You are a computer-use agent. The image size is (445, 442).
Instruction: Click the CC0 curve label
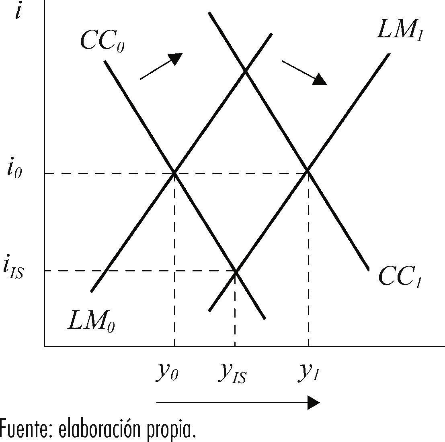[102, 41]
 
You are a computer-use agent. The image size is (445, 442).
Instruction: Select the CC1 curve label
[400, 277]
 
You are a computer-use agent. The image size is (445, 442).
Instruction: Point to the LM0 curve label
[91, 321]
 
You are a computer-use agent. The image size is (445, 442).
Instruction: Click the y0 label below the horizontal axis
[167, 373]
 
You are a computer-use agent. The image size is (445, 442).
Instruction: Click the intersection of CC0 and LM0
[174, 173]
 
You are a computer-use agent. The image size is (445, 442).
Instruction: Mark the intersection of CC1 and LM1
[308, 171]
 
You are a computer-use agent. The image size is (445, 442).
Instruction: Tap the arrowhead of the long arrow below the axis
[314, 402]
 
